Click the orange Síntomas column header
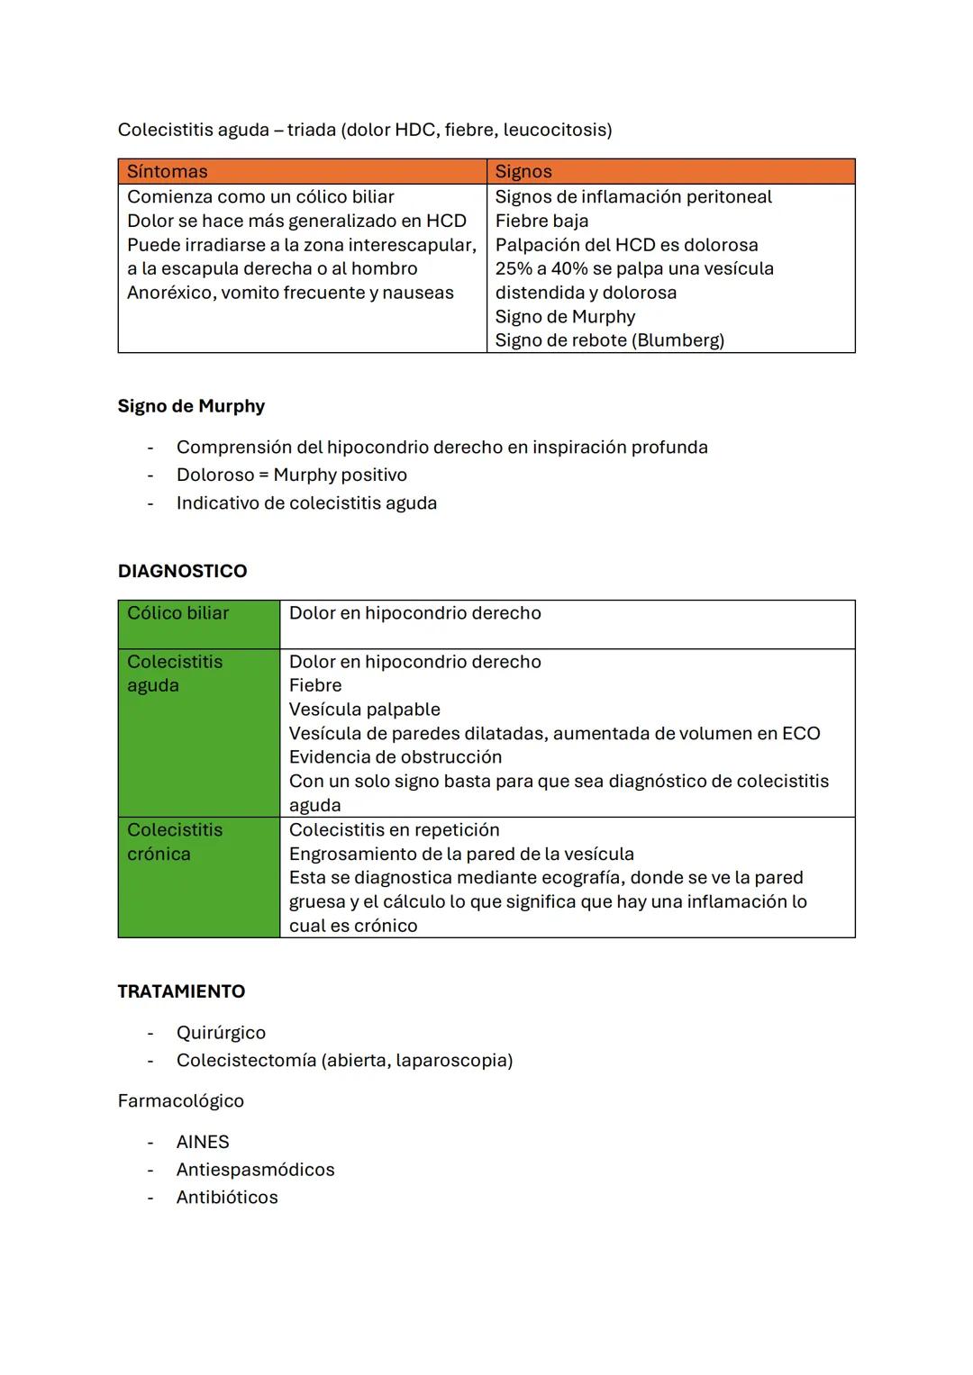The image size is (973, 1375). pyautogui.click(x=168, y=172)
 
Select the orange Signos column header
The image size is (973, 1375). pyautogui.click(x=523, y=172)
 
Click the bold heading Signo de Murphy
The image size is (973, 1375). pyautogui.click(x=191, y=406)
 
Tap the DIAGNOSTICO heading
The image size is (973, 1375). pyautogui.click(x=182, y=571)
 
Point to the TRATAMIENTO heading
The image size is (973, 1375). pyautogui.click(x=181, y=991)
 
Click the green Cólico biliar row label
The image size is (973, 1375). pyautogui.click(x=178, y=613)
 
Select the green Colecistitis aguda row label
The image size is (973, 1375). pyautogui.click(x=175, y=674)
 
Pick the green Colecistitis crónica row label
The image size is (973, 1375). pyautogui.click(x=175, y=842)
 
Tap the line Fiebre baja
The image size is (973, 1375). pyautogui.click(x=541, y=221)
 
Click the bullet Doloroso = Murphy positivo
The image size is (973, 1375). pyautogui.click(x=291, y=475)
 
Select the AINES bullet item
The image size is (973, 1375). pyautogui.click(x=203, y=1142)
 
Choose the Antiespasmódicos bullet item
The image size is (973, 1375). pyautogui.click(x=255, y=1170)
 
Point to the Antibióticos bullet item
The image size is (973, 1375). pyautogui.click(x=227, y=1198)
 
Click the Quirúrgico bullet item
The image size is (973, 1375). pyautogui.click(x=221, y=1033)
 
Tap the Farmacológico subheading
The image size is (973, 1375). pyautogui.click(x=180, y=1101)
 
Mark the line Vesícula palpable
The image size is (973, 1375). pyautogui.click(x=364, y=710)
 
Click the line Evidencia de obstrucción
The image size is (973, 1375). pyautogui.click(x=395, y=757)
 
